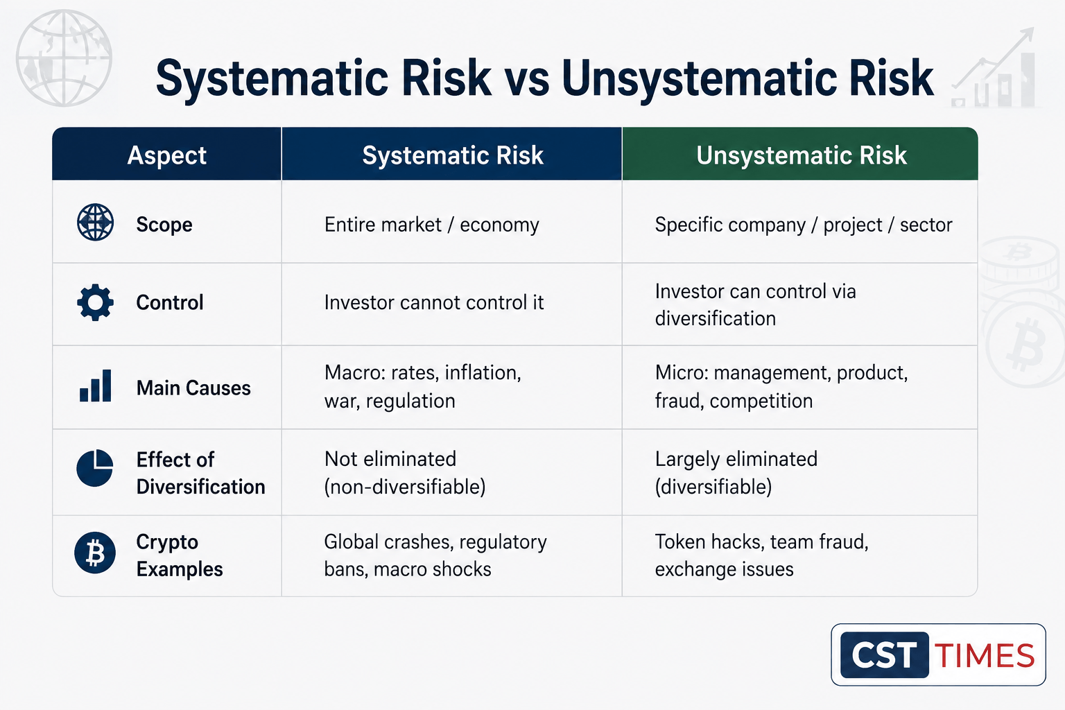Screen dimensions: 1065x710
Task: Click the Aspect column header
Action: [167, 155]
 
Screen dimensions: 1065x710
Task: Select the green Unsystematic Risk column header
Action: [801, 155]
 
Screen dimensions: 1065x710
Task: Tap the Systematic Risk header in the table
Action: [452, 155]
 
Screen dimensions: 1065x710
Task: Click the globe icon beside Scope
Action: [95, 222]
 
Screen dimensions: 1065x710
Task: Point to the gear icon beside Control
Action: [95, 302]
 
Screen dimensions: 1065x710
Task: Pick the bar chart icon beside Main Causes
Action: [95, 386]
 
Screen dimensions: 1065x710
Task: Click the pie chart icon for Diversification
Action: [94, 468]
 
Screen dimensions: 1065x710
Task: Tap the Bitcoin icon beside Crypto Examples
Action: [94, 553]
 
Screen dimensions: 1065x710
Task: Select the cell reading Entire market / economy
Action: [432, 225]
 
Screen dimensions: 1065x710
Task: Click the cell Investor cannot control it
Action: [433, 302]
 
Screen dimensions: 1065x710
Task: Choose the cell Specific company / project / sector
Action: [804, 225]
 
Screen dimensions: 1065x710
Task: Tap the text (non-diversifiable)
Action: [405, 487]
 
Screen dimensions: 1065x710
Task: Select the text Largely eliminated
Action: [736, 460]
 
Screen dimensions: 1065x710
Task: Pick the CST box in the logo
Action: [884, 655]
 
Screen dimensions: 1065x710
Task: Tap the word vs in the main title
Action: [526, 79]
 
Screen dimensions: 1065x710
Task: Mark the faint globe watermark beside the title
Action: [64, 58]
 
